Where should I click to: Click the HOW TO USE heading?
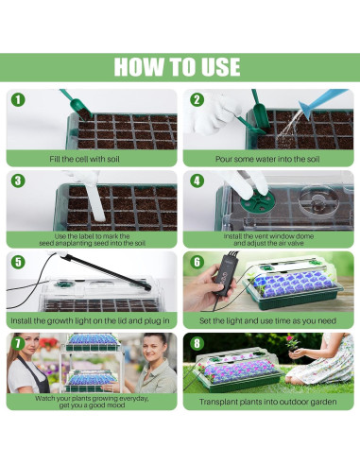177,67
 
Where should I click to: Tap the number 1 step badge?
18,100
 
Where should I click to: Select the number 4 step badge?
197,181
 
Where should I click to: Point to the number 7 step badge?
18,343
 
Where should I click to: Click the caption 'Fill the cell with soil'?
84,159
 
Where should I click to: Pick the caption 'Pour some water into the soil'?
267,159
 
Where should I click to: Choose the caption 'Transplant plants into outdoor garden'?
268,402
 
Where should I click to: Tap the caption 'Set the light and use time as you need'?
267,320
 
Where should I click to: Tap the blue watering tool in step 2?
323,101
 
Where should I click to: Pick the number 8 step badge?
197,343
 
